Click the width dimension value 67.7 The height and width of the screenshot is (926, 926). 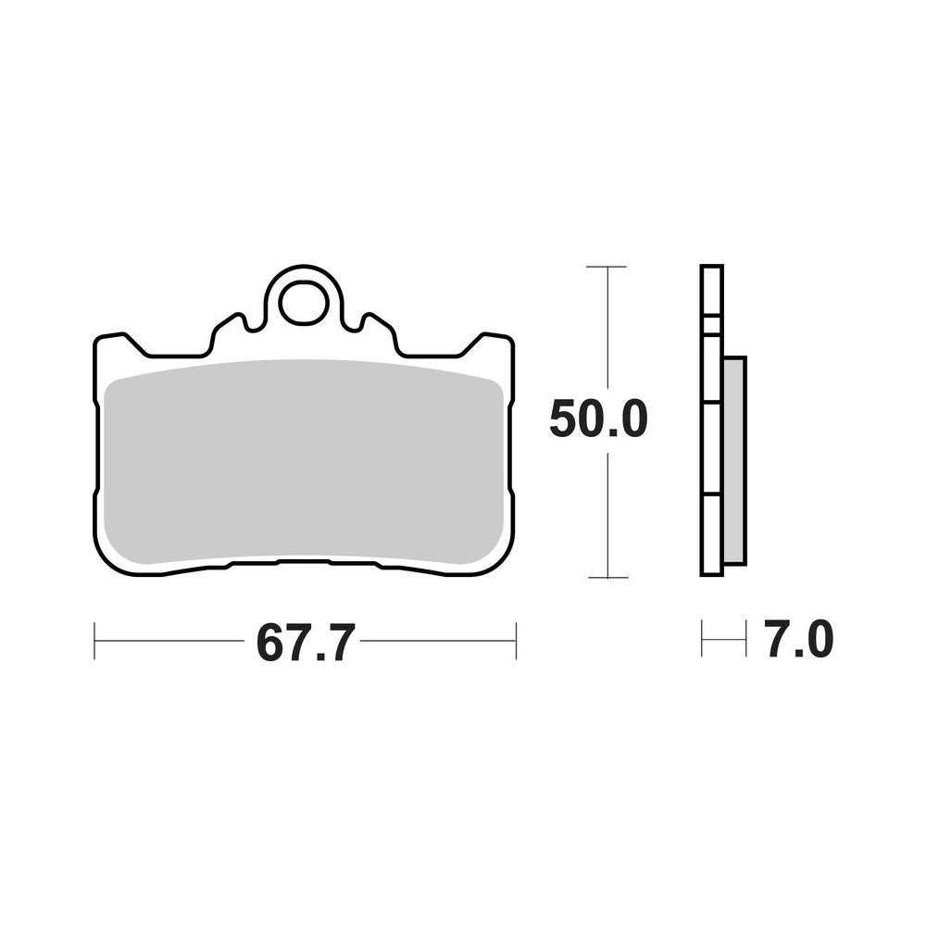coord(305,642)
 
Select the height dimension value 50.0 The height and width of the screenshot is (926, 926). coord(597,420)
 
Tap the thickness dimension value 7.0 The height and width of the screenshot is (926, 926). coord(799,641)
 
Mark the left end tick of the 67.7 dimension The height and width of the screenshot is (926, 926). coord(94,641)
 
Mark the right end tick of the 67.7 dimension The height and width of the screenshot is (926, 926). coord(516,641)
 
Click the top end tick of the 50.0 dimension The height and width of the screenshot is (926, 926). coord(607,267)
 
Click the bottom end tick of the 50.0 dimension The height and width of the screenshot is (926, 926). coord(607,577)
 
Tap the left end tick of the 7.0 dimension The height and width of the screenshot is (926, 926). coord(703,639)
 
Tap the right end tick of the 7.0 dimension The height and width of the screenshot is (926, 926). coord(745,639)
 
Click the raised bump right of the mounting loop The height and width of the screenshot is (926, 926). coord(377,326)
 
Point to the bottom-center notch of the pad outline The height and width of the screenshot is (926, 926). coord(303,562)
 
